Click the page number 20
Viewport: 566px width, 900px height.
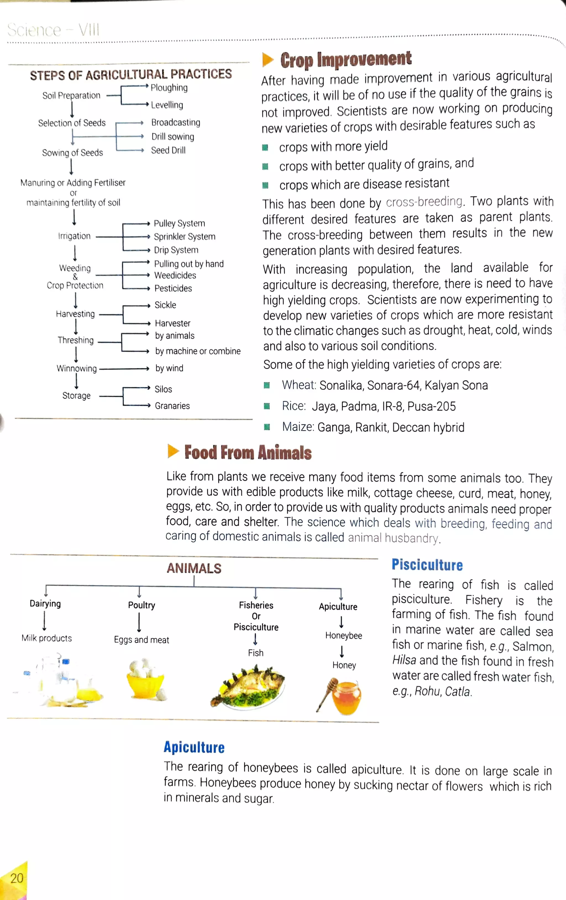17,878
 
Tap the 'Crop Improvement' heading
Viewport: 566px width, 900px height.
345,59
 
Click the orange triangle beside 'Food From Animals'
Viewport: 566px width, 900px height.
173,451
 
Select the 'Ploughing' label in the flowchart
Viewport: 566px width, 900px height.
169,88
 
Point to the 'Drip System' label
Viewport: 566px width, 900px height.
176,250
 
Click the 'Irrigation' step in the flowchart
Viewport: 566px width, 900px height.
74,236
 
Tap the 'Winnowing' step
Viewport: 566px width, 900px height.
77,369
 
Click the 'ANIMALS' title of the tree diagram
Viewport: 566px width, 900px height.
194,569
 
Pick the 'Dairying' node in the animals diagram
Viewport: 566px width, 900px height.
45,604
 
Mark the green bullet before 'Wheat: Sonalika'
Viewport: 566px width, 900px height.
266,385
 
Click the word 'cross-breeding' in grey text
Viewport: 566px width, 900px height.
424,202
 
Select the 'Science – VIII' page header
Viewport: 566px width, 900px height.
53,30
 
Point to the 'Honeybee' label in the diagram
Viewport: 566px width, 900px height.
344,636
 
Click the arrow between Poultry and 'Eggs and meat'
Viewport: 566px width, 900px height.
139,622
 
